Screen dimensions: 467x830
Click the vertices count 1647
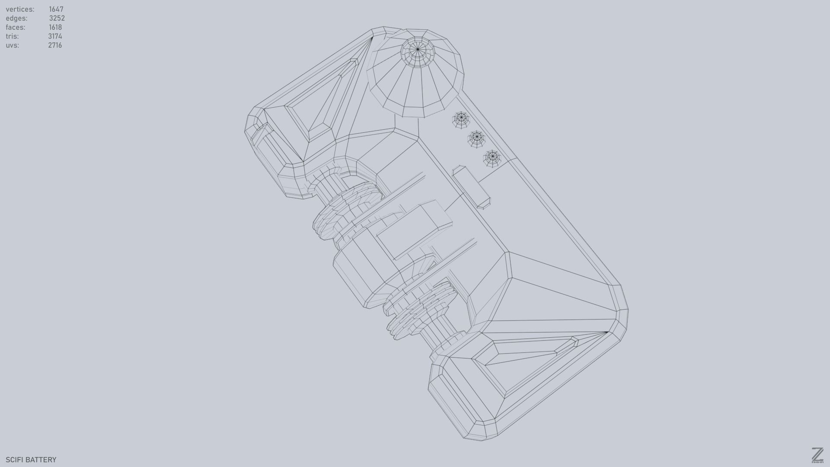pos(56,9)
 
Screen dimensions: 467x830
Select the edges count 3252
pos(57,18)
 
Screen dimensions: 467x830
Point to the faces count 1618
pos(55,27)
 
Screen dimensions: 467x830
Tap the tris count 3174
pos(55,36)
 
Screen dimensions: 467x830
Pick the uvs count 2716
pos(55,45)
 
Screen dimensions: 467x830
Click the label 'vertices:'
pos(20,9)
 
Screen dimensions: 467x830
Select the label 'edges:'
pos(16,18)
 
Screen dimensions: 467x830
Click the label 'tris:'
pos(12,36)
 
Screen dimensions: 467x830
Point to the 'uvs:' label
pos(12,45)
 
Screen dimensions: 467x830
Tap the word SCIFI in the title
pos(13,460)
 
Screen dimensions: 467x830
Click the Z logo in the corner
pos(817,455)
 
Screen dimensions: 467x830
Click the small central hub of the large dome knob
pos(418,50)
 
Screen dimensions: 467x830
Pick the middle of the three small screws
pos(477,138)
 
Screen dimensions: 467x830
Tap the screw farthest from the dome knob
pos(492,158)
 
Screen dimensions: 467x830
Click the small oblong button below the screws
pos(472,187)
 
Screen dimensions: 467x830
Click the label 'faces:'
pos(16,27)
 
